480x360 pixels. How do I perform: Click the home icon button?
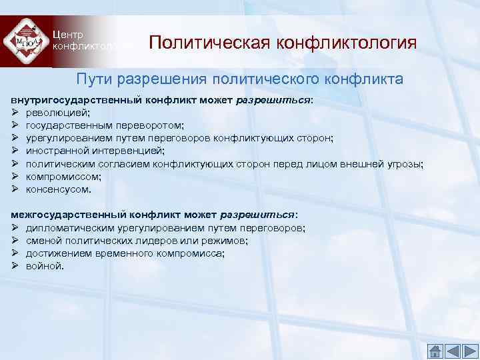tap(435, 350)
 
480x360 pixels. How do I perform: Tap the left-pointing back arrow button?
tap(452, 350)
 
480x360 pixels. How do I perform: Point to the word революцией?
tap(53, 113)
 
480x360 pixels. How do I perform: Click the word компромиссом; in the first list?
tap(63, 176)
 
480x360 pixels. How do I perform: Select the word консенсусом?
tap(59, 189)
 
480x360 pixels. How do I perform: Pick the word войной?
tap(45, 266)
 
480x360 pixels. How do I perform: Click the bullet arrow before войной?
tap(15, 266)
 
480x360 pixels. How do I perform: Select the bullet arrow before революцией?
tap(15, 113)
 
